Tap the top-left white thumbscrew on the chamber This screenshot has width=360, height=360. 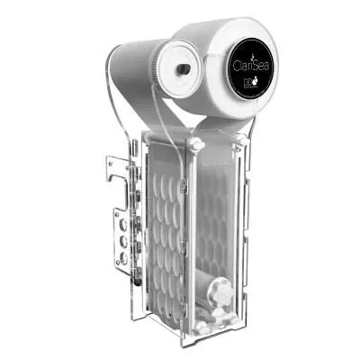195,144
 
